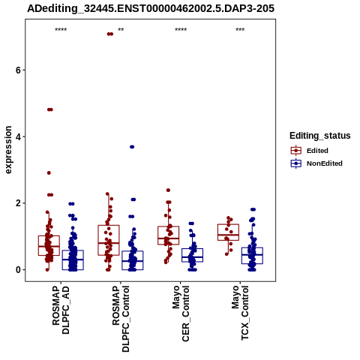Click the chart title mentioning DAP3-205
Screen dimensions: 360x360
coord(151,8)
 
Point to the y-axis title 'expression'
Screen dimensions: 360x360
coord(8,150)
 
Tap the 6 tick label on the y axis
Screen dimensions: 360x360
coord(18,70)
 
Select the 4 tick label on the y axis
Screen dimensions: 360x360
coord(18,136)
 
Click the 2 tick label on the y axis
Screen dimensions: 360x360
coord(18,203)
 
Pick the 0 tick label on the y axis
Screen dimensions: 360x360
coord(18,270)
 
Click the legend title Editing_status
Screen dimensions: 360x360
coord(320,136)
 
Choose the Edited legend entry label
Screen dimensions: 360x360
coord(317,151)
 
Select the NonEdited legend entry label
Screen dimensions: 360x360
coord(325,163)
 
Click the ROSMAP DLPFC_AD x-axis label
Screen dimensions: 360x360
coord(61,310)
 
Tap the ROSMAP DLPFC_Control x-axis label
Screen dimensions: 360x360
coord(121,319)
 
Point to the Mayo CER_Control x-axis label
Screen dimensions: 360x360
coord(181,313)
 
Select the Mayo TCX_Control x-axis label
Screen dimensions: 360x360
coord(240,313)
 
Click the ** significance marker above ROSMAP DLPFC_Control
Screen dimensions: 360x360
coord(121,30)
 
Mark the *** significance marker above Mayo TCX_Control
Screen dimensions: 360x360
coord(240,30)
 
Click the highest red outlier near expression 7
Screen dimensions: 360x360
coord(110,34)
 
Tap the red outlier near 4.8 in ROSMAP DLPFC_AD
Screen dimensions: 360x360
coord(50,109)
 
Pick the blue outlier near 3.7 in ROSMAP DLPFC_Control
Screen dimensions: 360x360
coord(132,147)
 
